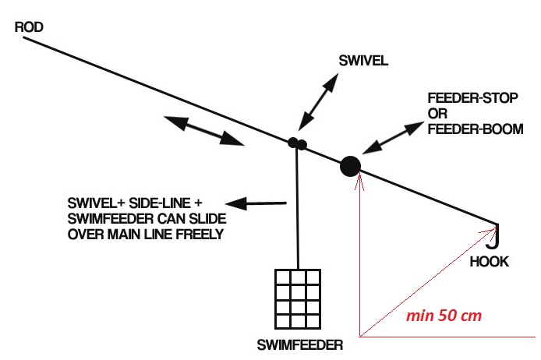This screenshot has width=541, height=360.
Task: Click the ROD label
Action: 28,28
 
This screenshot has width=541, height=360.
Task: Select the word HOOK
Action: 490,262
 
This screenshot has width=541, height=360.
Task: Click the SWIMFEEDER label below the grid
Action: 299,344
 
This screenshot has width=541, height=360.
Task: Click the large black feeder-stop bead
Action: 351,165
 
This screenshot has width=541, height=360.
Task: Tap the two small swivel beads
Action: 297,143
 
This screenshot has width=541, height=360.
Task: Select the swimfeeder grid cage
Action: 299,299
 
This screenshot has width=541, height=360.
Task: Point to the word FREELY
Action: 198,234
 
